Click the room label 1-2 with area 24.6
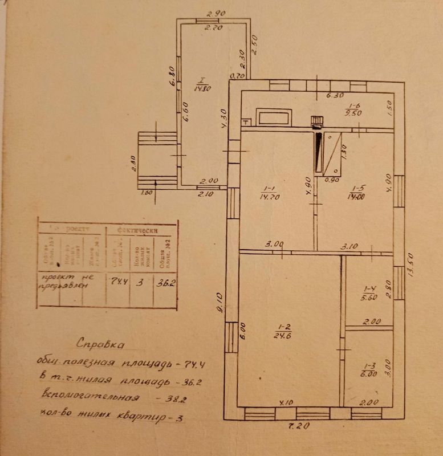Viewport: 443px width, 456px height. tap(284, 331)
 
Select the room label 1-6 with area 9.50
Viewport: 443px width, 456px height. tap(355, 109)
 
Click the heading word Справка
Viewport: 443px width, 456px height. tap(99, 344)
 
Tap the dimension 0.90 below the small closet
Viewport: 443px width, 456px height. tap(330, 180)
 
